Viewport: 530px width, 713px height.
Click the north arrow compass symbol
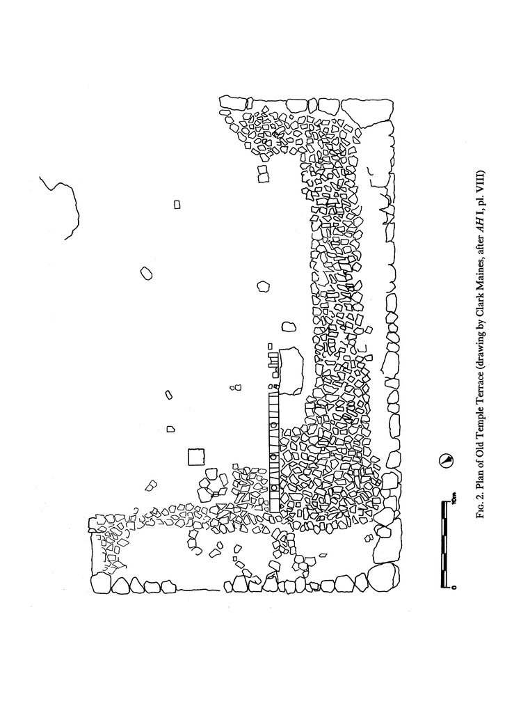[x=446, y=460]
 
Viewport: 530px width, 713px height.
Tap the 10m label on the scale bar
[x=453, y=499]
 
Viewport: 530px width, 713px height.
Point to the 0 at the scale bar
[x=453, y=587]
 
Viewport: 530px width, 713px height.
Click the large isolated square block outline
[x=196, y=457]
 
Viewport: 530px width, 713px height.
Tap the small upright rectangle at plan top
[x=177, y=204]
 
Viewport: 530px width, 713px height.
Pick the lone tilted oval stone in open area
[x=146, y=273]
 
